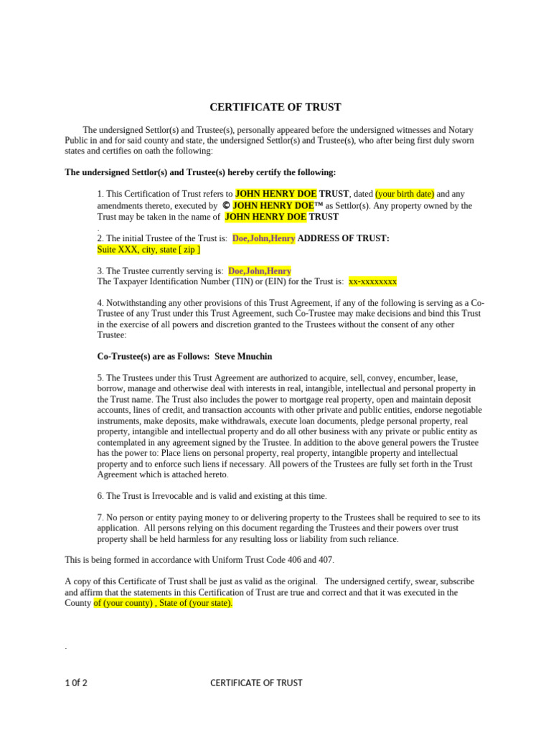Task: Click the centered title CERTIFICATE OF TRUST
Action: click(275, 108)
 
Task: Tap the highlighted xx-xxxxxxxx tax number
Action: click(372, 282)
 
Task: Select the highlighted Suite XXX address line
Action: click(149, 250)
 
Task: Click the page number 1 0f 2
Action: click(76, 683)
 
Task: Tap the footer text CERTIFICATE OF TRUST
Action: click(256, 683)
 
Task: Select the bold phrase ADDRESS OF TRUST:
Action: click(344, 238)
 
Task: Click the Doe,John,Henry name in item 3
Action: click(260, 271)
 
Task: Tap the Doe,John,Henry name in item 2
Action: click(263, 238)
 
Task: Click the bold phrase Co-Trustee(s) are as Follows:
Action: click(154, 357)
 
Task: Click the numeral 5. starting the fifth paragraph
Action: click(100, 378)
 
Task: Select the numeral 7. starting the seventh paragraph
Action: click(100, 518)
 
